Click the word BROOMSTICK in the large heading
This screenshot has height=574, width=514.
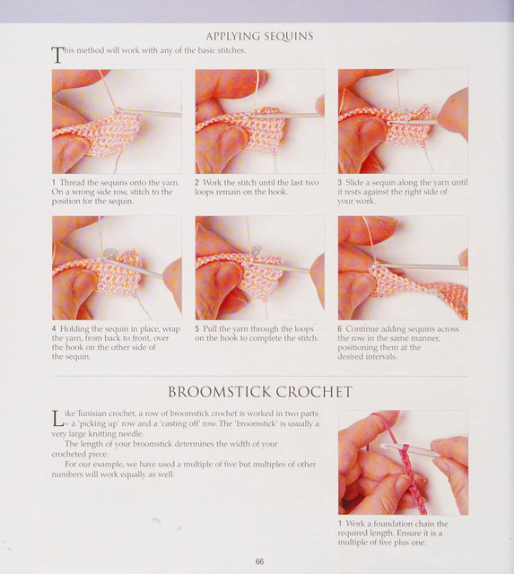[219, 392]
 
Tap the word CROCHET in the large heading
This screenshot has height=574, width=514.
[314, 392]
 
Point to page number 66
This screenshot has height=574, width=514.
[259, 561]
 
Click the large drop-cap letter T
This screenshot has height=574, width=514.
[57, 55]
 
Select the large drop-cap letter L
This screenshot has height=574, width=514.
[57, 419]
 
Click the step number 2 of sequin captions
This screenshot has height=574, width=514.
[197, 183]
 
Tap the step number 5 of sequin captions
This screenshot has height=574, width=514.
[197, 329]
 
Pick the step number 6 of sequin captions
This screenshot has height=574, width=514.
[340, 329]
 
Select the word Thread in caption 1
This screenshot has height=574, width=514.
[72, 183]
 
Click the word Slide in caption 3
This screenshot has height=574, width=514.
[353, 182]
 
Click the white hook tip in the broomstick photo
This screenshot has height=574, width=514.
[384, 447]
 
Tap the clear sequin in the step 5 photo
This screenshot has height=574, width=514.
[257, 250]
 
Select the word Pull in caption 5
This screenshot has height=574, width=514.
[209, 329]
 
